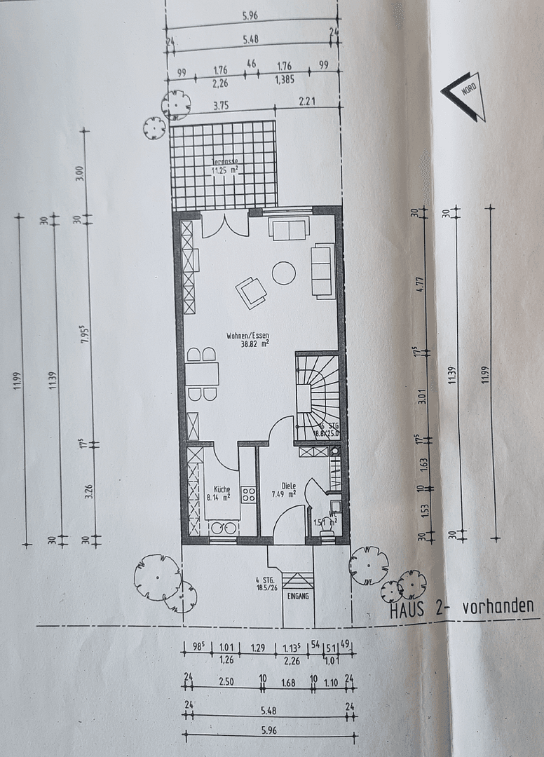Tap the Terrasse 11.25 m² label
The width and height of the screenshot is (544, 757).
(224, 165)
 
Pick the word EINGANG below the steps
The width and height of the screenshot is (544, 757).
(298, 596)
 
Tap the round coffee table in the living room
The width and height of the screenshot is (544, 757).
(283, 273)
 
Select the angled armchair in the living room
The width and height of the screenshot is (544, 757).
(251, 292)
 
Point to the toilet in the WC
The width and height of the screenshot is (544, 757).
(327, 534)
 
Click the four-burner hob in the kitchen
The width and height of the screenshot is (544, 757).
(248, 495)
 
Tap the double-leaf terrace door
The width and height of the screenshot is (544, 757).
(224, 224)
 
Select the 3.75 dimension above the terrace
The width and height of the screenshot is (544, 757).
(221, 107)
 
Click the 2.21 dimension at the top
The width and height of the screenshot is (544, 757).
(307, 102)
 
